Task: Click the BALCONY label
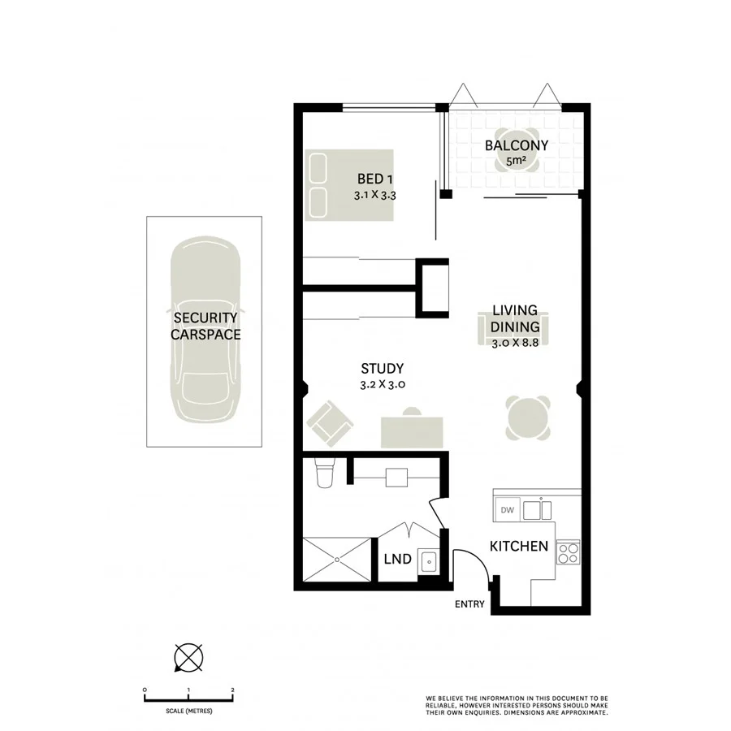tap(516, 146)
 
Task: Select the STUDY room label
tap(381, 369)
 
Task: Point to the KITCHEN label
tap(518, 546)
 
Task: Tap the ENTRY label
tap(469, 604)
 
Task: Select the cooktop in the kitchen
tap(568, 553)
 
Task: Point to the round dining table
tap(527, 417)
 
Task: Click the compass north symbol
tap(188, 656)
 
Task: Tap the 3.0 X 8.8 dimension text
tap(516, 344)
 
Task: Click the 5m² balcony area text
tap(515, 162)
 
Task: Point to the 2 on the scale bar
tap(233, 690)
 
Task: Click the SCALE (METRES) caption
tap(188, 712)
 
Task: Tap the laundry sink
tap(428, 560)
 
